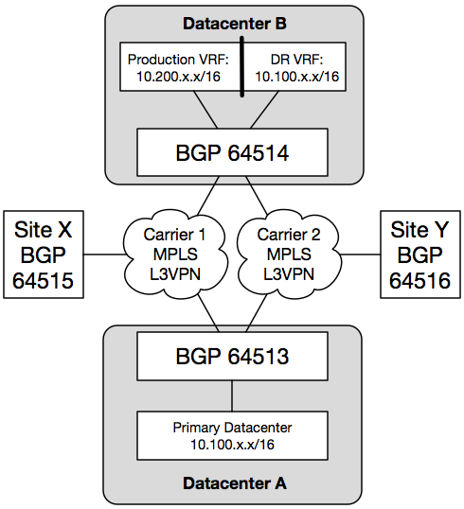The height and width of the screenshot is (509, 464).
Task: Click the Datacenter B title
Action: click(x=235, y=24)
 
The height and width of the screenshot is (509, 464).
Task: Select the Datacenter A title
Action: click(x=235, y=483)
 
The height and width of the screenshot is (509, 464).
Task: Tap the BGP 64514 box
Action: click(x=232, y=152)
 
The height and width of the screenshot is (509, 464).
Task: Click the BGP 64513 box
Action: click(x=232, y=356)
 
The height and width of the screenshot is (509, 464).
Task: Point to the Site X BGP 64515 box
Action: click(x=44, y=254)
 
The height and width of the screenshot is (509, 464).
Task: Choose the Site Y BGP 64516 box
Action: click(x=420, y=254)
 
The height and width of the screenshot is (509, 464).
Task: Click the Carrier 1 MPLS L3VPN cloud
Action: click(x=175, y=254)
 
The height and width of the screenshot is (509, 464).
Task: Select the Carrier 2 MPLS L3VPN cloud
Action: click(x=289, y=254)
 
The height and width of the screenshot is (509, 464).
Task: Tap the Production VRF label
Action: click(x=178, y=60)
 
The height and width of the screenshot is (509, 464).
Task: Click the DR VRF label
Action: click(x=296, y=60)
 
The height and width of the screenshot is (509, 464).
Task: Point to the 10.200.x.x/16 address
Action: click(x=178, y=77)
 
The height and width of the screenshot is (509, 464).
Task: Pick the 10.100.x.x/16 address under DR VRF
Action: click(x=296, y=77)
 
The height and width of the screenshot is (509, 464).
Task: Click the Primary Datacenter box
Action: click(x=232, y=435)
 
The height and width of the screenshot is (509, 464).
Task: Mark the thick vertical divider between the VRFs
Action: click(x=241, y=66)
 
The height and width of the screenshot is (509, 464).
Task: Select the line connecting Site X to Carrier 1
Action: click(x=104, y=254)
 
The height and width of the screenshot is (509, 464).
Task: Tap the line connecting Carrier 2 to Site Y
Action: click(x=361, y=254)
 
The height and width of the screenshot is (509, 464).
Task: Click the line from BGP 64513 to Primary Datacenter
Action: click(x=232, y=396)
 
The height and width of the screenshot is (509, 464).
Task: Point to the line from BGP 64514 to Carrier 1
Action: click(x=208, y=196)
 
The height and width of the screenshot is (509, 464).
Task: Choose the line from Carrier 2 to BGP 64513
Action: click(x=257, y=313)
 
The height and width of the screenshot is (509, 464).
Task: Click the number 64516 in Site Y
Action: click(x=419, y=280)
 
